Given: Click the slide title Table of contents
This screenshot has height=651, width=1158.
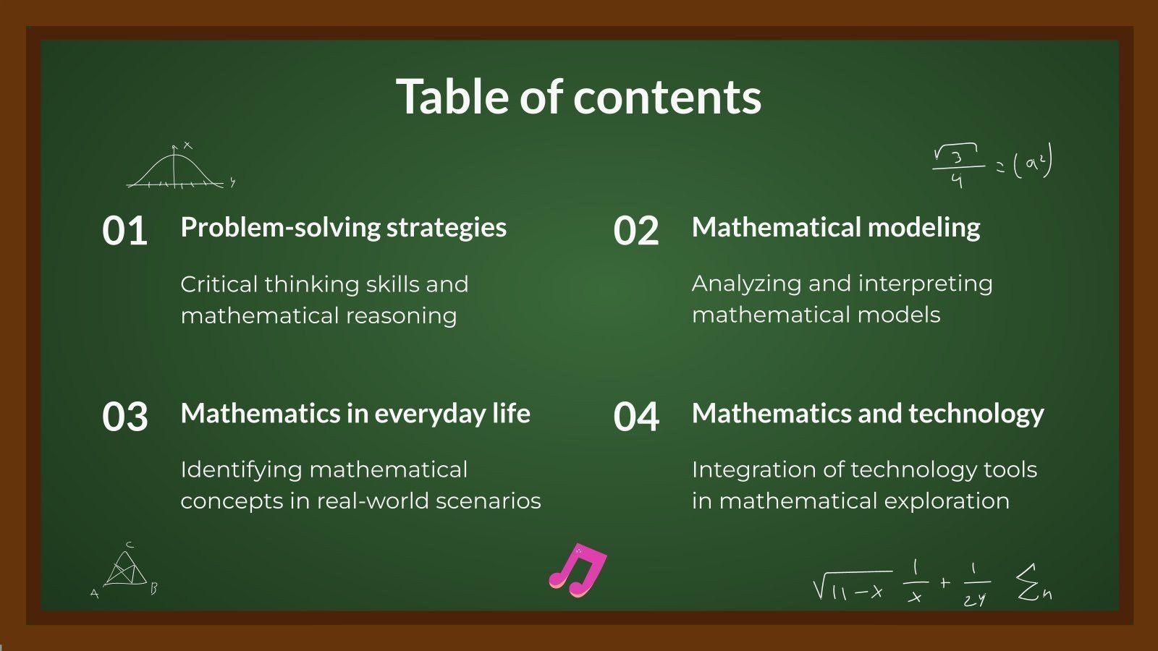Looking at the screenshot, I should point(578,97).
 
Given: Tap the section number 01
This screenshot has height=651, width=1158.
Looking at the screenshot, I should point(125,231).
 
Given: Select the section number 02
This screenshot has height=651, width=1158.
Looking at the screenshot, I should point(636,231).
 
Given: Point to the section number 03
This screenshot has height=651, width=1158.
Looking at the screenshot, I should point(125,417).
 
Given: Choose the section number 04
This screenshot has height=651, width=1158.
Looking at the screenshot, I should point(636,417).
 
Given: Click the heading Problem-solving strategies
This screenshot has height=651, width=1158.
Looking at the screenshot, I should point(343,228).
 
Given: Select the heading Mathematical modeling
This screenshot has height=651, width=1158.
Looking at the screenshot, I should point(836,228).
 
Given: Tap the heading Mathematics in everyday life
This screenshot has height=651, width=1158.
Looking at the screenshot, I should point(355,414).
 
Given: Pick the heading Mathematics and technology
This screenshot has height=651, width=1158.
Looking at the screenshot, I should point(868,414).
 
